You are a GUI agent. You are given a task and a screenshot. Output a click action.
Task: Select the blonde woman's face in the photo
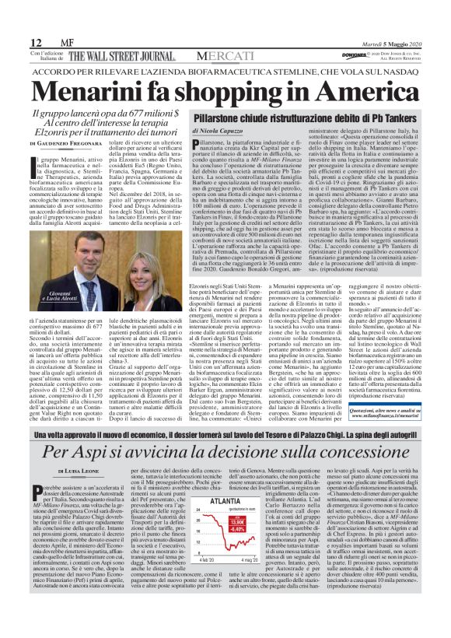[101, 270]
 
